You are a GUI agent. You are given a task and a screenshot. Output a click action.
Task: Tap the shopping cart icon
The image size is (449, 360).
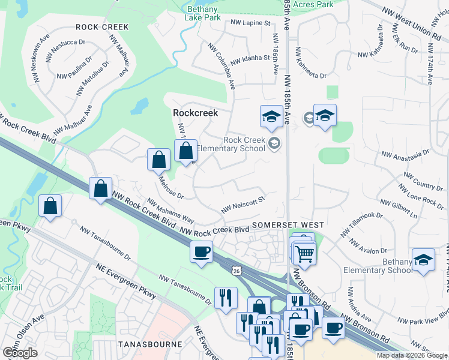pos(305,253)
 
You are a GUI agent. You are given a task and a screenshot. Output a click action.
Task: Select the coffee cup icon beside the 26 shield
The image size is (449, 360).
pos(202,251)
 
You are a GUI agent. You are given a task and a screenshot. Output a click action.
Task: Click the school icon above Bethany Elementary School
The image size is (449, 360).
pos(424,260)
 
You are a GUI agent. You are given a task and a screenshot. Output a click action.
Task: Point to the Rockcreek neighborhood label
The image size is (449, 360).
pos(195,112)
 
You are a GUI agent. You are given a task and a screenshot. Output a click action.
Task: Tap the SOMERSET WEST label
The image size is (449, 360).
pos(288,224)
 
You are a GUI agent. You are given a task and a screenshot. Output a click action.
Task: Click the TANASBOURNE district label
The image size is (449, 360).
pos(150,344)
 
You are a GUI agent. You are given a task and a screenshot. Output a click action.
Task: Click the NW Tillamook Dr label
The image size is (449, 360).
pos(361,223)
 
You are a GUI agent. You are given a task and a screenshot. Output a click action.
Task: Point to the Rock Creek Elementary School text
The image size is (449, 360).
pos(244,144)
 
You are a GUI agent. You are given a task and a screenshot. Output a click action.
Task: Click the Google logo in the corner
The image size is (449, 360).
pos(20,353)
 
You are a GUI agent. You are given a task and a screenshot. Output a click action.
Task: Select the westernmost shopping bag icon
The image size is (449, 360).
pos(50,205)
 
